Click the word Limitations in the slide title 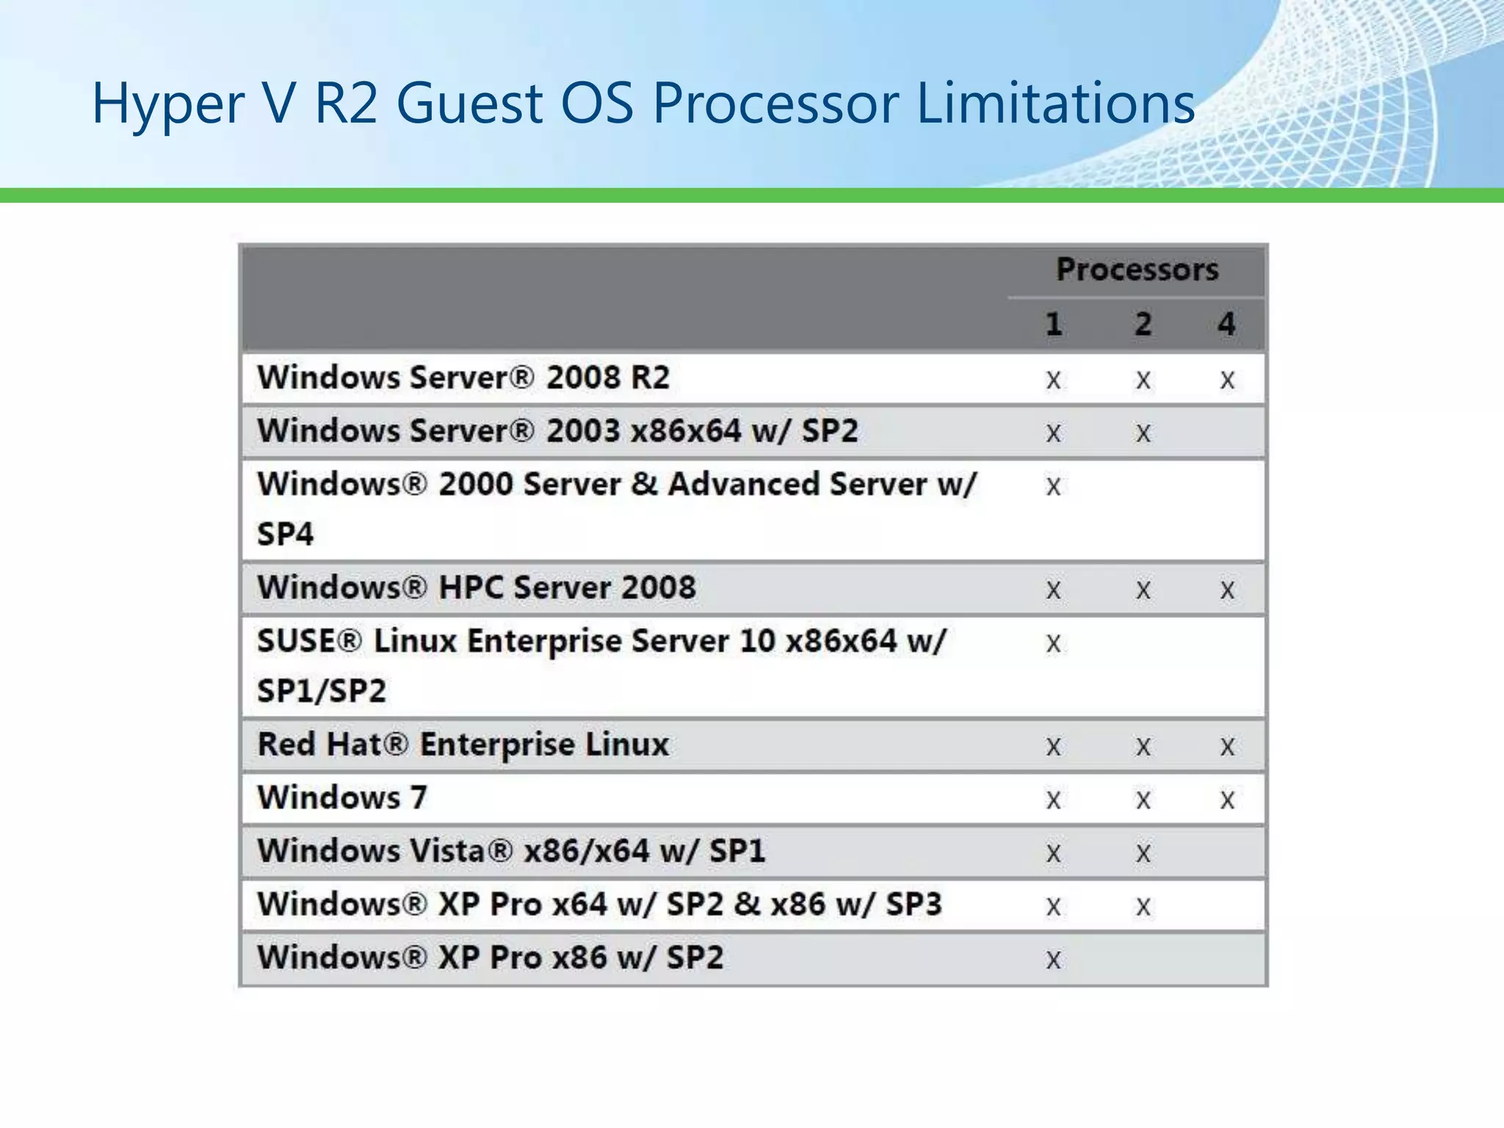click(x=1055, y=103)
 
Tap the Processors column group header click(x=1137, y=270)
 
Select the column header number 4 click(x=1226, y=324)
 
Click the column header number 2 click(x=1143, y=324)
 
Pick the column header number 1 click(x=1054, y=324)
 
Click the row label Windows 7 click(x=342, y=798)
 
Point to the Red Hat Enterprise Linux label click(x=463, y=745)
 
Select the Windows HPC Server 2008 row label click(x=477, y=587)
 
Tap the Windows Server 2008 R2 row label click(x=463, y=377)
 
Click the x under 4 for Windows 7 click(x=1227, y=800)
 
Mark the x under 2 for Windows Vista click(x=1143, y=853)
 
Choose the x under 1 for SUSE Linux click(x=1053, y=644)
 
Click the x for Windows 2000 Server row click(x=1053, y=486)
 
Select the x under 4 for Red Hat click(x=1227, y=748)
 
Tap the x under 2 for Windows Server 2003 click(x=1143, y=433)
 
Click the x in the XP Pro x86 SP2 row click(x=1053, y=960)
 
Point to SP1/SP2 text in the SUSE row click(x=322, y=691)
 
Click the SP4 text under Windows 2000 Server click(x=286, y=534)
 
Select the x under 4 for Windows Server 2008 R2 click(x=1227, y=380)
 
